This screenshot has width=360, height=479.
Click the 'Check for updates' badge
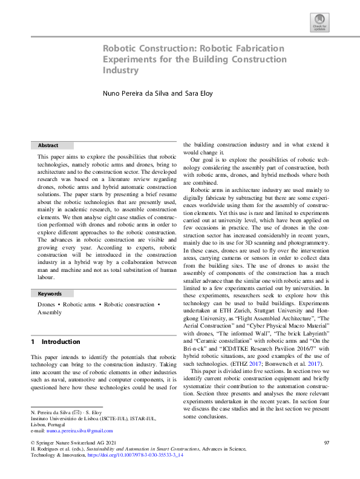coord(319,22)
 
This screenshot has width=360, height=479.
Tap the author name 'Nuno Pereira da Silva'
coord(136,94)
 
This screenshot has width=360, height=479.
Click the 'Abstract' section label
coord(48,146)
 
